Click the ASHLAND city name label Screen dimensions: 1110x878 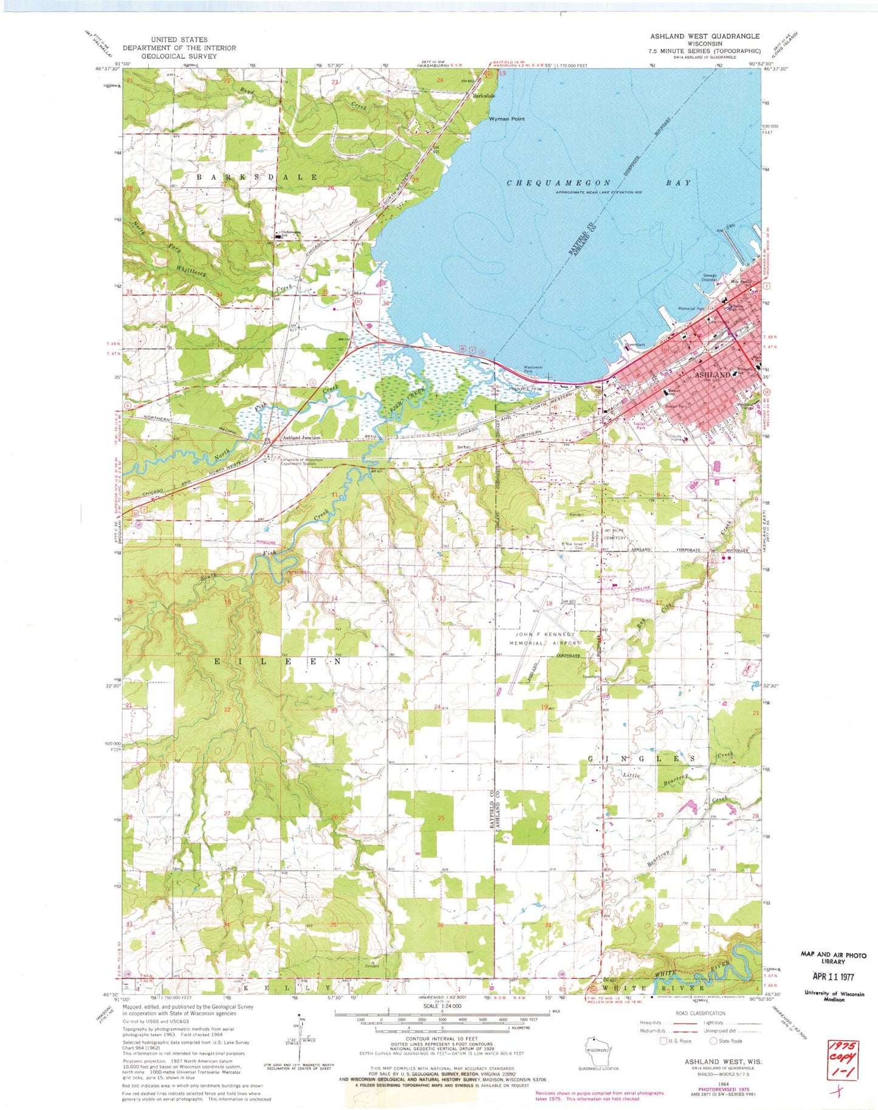(713, 375)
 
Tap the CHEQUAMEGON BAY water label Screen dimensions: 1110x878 (598, 182)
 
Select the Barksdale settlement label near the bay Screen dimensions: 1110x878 (484, 96)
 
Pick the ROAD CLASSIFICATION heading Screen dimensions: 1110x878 (700, 1013)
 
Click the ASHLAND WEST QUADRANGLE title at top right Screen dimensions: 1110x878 (705, 36)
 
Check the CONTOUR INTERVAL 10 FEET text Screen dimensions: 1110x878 (441, 1056)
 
